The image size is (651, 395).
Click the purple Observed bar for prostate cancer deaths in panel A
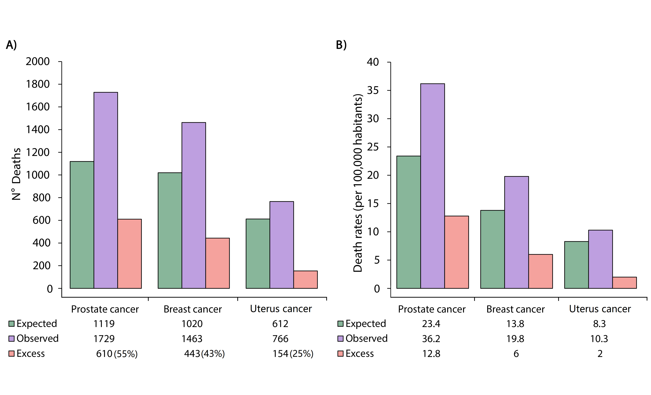[106, 190]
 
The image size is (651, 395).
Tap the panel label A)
[11, 45]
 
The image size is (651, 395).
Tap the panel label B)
[341, 45]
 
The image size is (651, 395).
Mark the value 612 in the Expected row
[280, 324]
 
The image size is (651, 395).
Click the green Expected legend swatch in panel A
[11, 324]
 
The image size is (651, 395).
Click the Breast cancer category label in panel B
[515, 309]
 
